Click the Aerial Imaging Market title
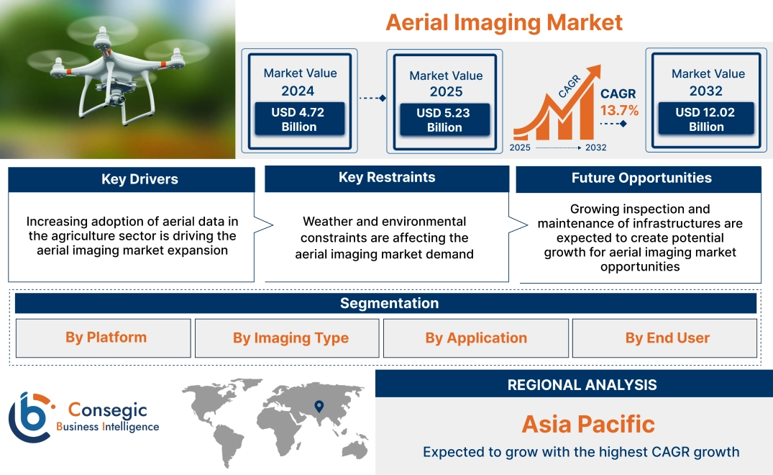pos(503,22)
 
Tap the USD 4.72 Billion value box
pos(299,119)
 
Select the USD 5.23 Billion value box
pos(444,120)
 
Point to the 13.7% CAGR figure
pos(619,110)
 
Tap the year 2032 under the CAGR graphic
pos(595,148)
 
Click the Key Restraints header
pos(387,178)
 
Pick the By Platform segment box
pos(106,338)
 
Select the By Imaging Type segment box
pos(291,338)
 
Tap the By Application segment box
pos(476,338)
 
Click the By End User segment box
pos(667,338)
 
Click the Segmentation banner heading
pos(389,303)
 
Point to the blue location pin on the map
pos(319,407)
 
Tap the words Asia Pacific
pos(588,424)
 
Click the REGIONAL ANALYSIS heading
pos(581,385)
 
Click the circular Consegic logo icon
pos(30,417)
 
